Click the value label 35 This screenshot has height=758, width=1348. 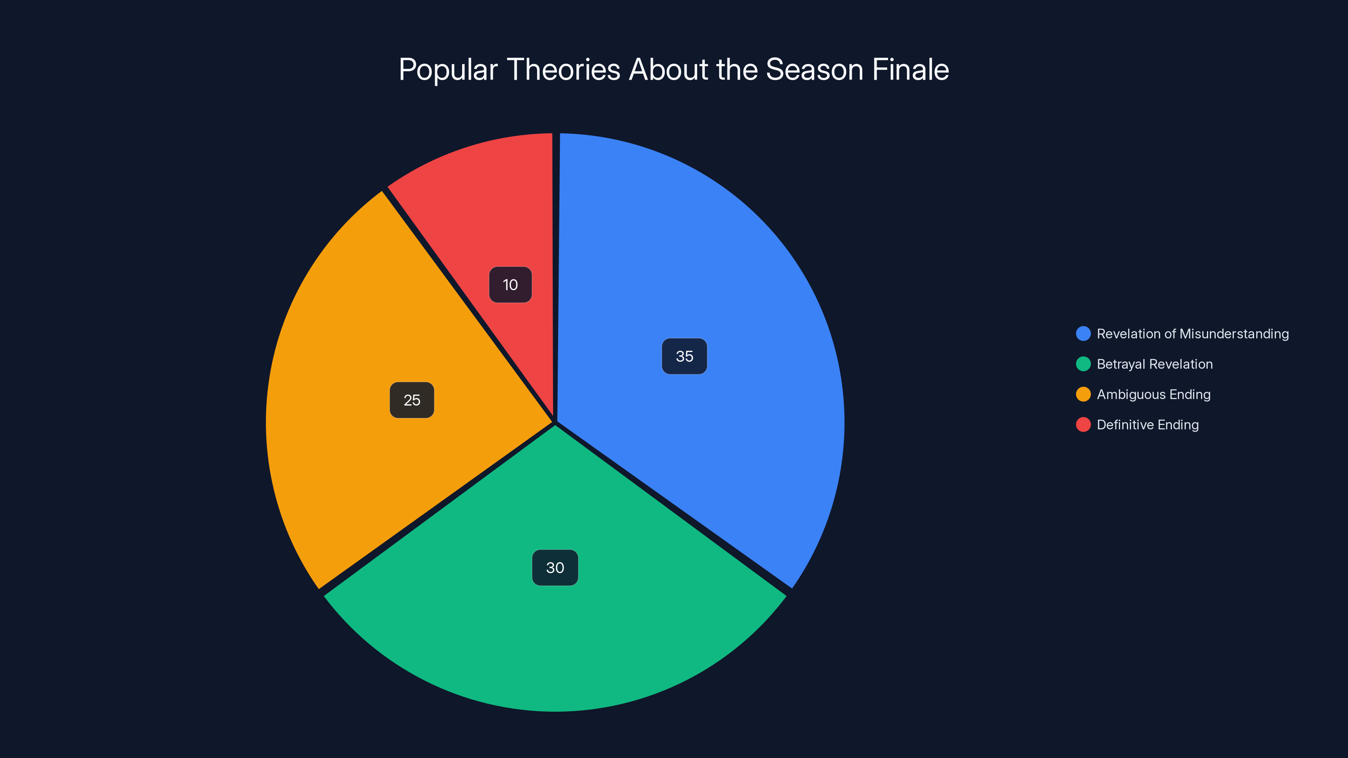[685, 356]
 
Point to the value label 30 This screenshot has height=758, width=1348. [555, 568]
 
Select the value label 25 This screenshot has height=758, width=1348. [412, 400]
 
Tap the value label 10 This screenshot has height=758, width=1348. [510, 285]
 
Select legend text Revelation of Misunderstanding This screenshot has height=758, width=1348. [1193, 334]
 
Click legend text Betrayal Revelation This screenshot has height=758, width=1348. [1154, 364]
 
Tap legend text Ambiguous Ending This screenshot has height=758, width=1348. [1153, 395]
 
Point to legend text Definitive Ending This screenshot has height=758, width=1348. [1147, 425]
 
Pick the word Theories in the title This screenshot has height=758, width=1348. [564, 70]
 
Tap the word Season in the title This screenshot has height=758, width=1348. [814, 70]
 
